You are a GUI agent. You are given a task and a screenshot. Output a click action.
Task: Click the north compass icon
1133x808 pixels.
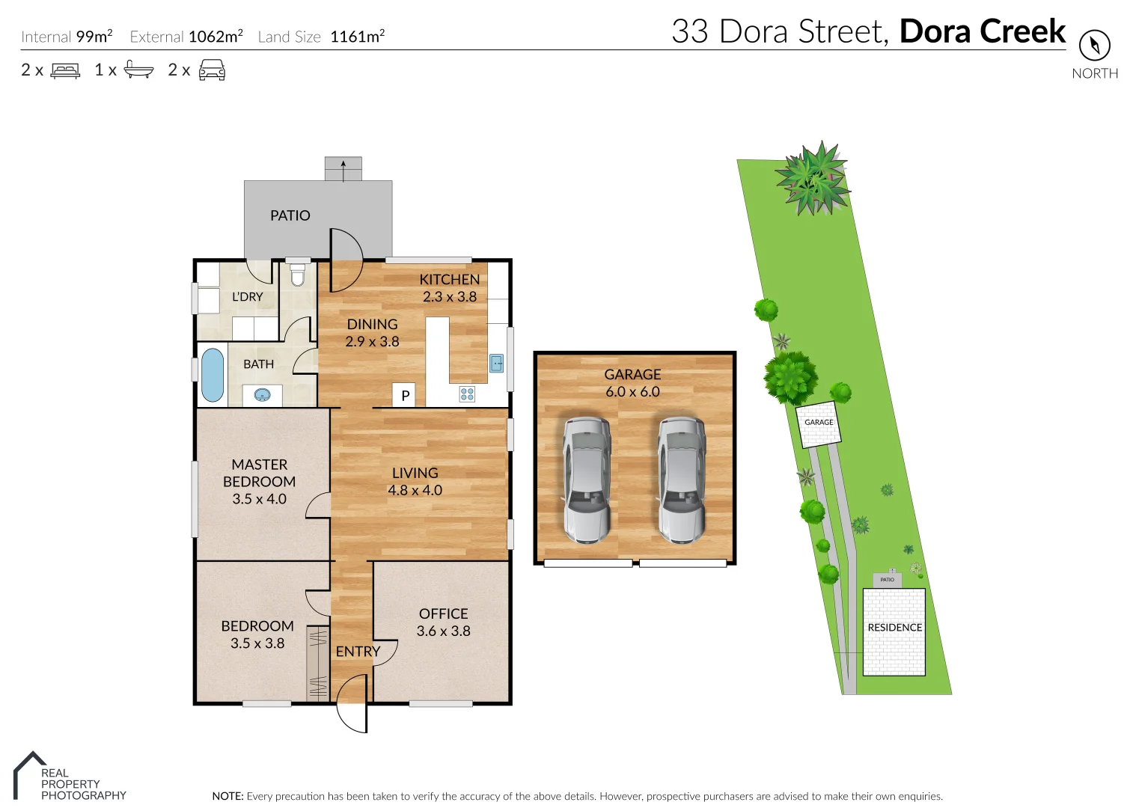click(1094, 46)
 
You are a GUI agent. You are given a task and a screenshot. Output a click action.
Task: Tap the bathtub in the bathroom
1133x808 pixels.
click(213, 375)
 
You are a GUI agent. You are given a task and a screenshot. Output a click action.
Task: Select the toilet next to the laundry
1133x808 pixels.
click(298, 275)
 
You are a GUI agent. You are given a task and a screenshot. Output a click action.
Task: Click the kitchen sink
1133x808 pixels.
click(497, 364)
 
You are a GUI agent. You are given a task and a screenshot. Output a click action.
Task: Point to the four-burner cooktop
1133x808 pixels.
click(467, 394)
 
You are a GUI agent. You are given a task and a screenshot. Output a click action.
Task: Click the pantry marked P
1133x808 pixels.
click(404, 395)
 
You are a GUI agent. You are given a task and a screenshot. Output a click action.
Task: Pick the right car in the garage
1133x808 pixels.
click(681, 480)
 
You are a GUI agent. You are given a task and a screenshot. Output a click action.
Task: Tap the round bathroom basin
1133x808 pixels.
click(262, 395)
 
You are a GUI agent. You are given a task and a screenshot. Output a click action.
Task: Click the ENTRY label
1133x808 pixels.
click(358, 652)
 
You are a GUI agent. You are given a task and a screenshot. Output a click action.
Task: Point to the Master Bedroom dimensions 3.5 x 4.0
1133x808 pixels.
click(259, 499)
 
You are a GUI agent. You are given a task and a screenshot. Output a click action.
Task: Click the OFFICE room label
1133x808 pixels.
click(443, 613)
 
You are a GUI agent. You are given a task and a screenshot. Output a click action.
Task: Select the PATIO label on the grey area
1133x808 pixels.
click(290, 215)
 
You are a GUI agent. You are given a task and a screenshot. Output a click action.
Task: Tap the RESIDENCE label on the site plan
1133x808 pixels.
click(894, 628)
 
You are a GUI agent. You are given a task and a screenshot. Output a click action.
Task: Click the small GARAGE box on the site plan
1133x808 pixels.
click(818, 423)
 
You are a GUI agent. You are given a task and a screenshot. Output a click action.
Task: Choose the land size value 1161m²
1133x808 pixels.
click(357, 36)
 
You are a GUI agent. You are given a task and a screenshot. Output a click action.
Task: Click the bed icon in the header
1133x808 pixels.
click(65, 70)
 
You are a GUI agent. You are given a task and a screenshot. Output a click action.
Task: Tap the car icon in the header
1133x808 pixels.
click(212, 70)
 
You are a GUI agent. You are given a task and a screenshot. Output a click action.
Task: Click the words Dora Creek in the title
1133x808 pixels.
click(982, 31)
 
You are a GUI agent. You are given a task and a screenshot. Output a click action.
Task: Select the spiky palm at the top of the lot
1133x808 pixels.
click(812, 178)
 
